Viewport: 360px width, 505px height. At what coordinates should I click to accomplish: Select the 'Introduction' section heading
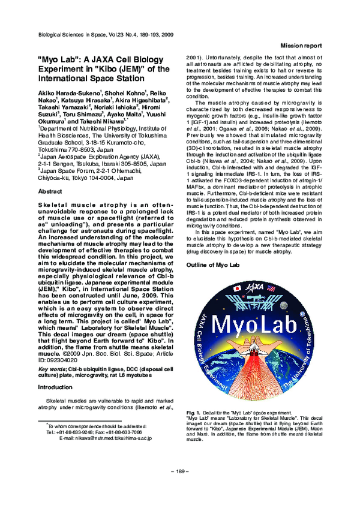[x=55, y=387]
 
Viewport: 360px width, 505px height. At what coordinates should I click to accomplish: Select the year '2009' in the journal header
[x=167, y=36]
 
